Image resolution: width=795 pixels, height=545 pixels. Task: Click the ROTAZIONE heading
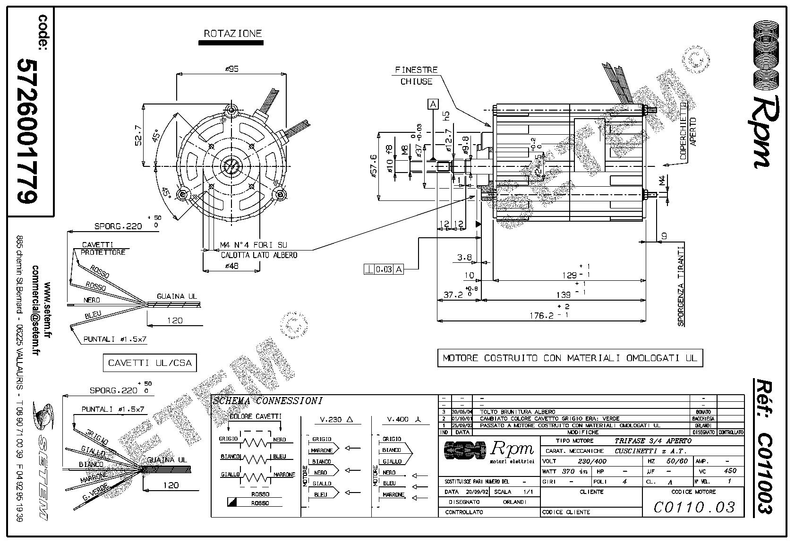point(232,34)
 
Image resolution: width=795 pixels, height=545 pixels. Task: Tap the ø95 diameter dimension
point(231,69)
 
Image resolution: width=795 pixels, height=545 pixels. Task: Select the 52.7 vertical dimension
point(138,136)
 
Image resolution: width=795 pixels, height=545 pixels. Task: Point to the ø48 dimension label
point(231,266)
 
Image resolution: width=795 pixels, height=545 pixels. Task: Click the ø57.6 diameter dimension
point(373,167)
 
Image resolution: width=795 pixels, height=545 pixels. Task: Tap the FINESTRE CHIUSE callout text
point(416,76)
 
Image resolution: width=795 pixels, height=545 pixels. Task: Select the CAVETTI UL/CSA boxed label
point(150,363)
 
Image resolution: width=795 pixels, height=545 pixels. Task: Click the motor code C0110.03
point(694,507)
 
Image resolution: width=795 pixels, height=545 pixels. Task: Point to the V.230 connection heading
point(337,420)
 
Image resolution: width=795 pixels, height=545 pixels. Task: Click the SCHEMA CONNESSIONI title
point(268,401)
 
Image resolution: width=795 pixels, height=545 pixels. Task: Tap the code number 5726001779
point(27,131)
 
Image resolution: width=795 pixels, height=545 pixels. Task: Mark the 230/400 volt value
point(592,461)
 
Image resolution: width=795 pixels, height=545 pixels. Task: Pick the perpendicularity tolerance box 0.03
point(385,269)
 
